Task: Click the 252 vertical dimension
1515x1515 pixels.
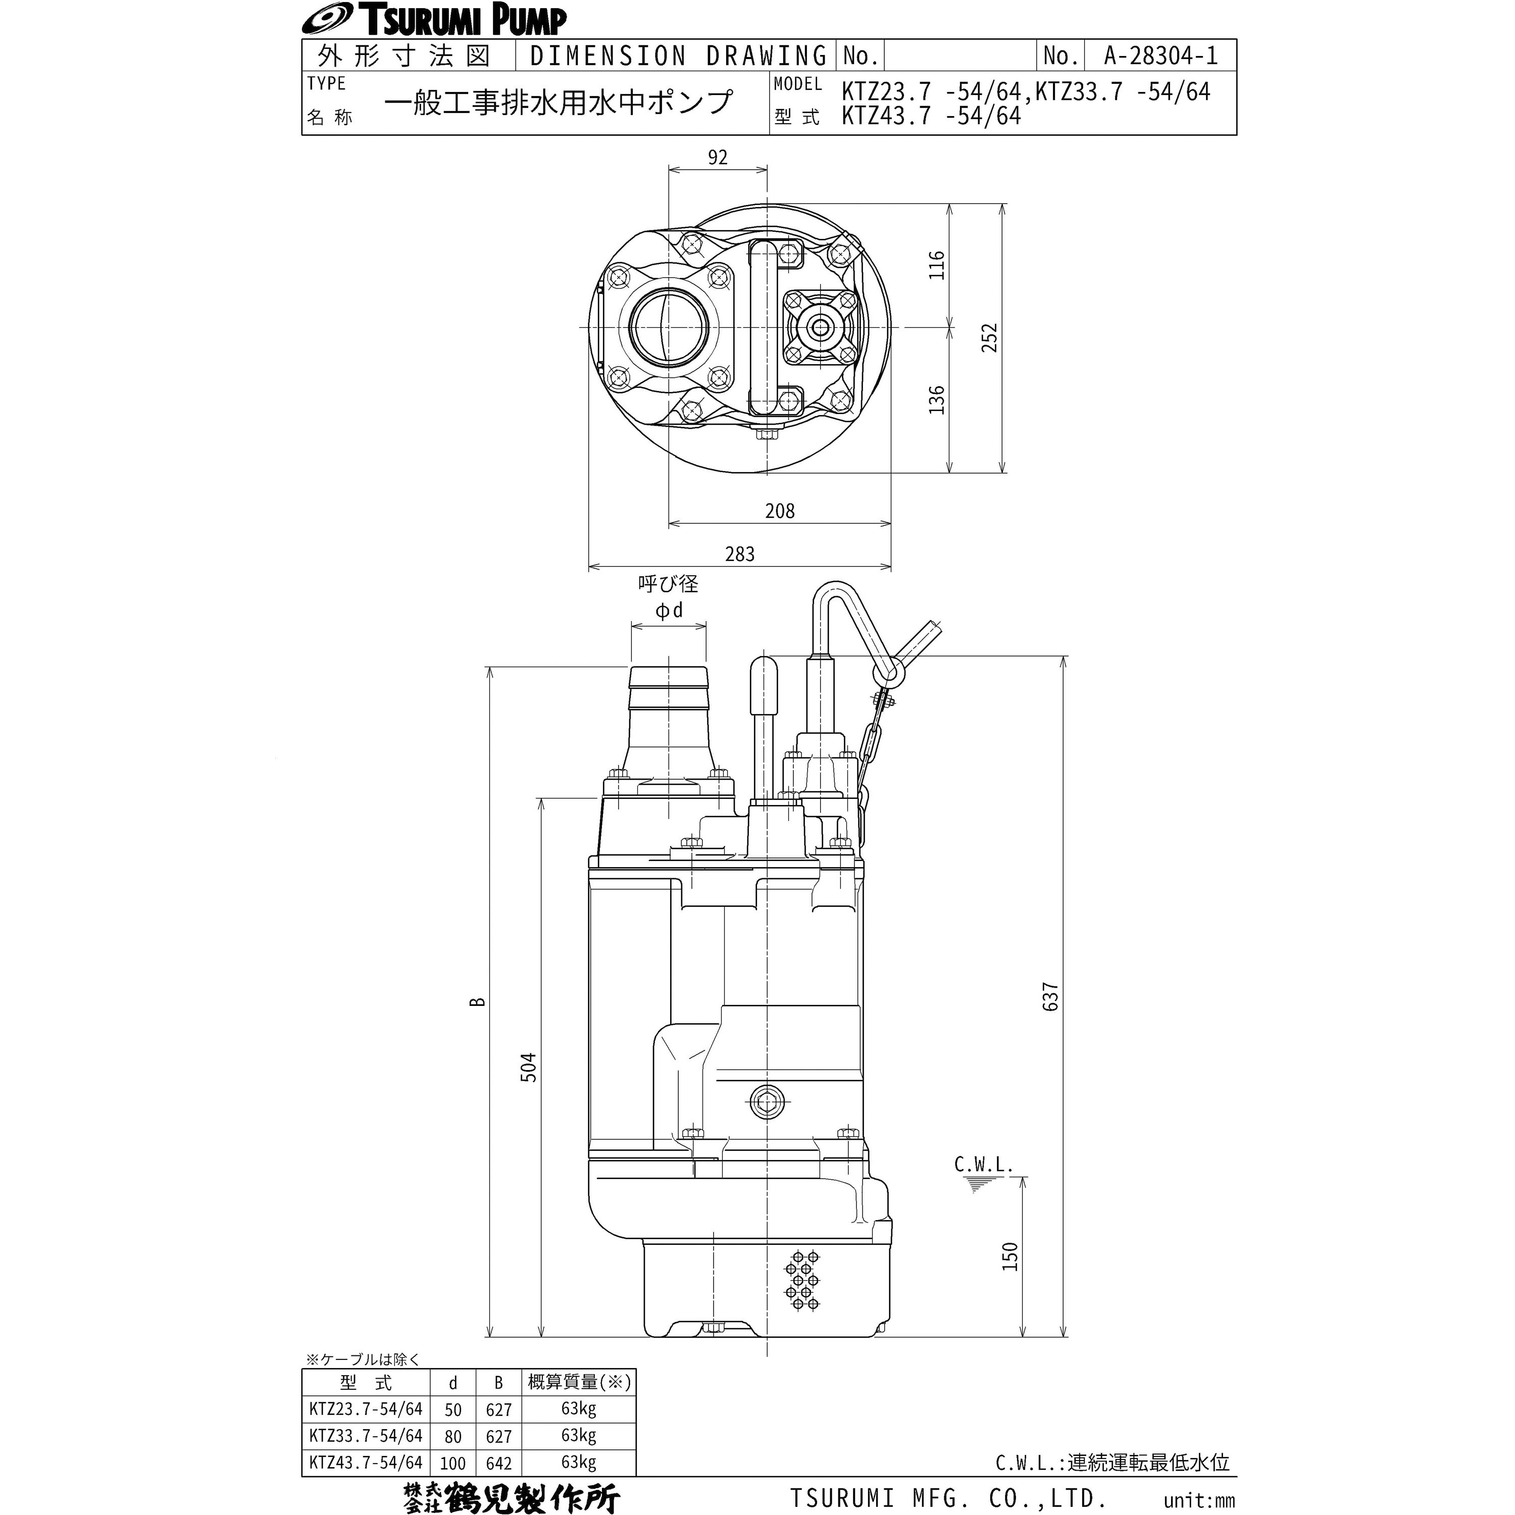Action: click(x=990, y=337)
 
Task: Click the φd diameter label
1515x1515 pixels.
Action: click(x=669, y=610)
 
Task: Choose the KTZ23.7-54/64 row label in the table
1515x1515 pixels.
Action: click(x=366, y=1409)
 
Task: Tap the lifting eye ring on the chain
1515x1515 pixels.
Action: click(x=887, y=672)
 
